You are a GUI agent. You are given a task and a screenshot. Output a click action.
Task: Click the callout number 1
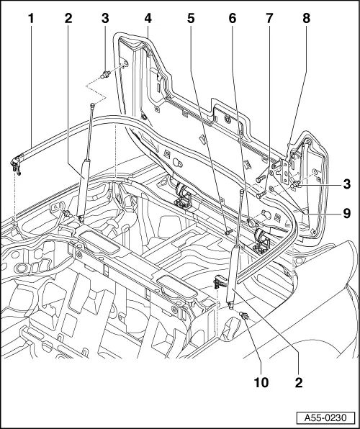31,16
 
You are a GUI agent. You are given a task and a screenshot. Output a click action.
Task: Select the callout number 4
147,16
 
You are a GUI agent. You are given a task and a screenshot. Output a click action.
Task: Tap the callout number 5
190,16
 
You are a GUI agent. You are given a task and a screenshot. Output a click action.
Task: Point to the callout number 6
233,16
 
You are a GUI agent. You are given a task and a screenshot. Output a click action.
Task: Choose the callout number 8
307,16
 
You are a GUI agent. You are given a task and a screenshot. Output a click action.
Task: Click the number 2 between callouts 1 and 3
68,16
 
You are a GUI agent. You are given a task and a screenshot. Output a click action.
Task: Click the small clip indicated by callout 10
244,315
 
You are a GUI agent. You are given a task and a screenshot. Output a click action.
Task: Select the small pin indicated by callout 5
228,232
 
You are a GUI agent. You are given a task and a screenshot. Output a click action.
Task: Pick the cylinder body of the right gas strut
233,274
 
